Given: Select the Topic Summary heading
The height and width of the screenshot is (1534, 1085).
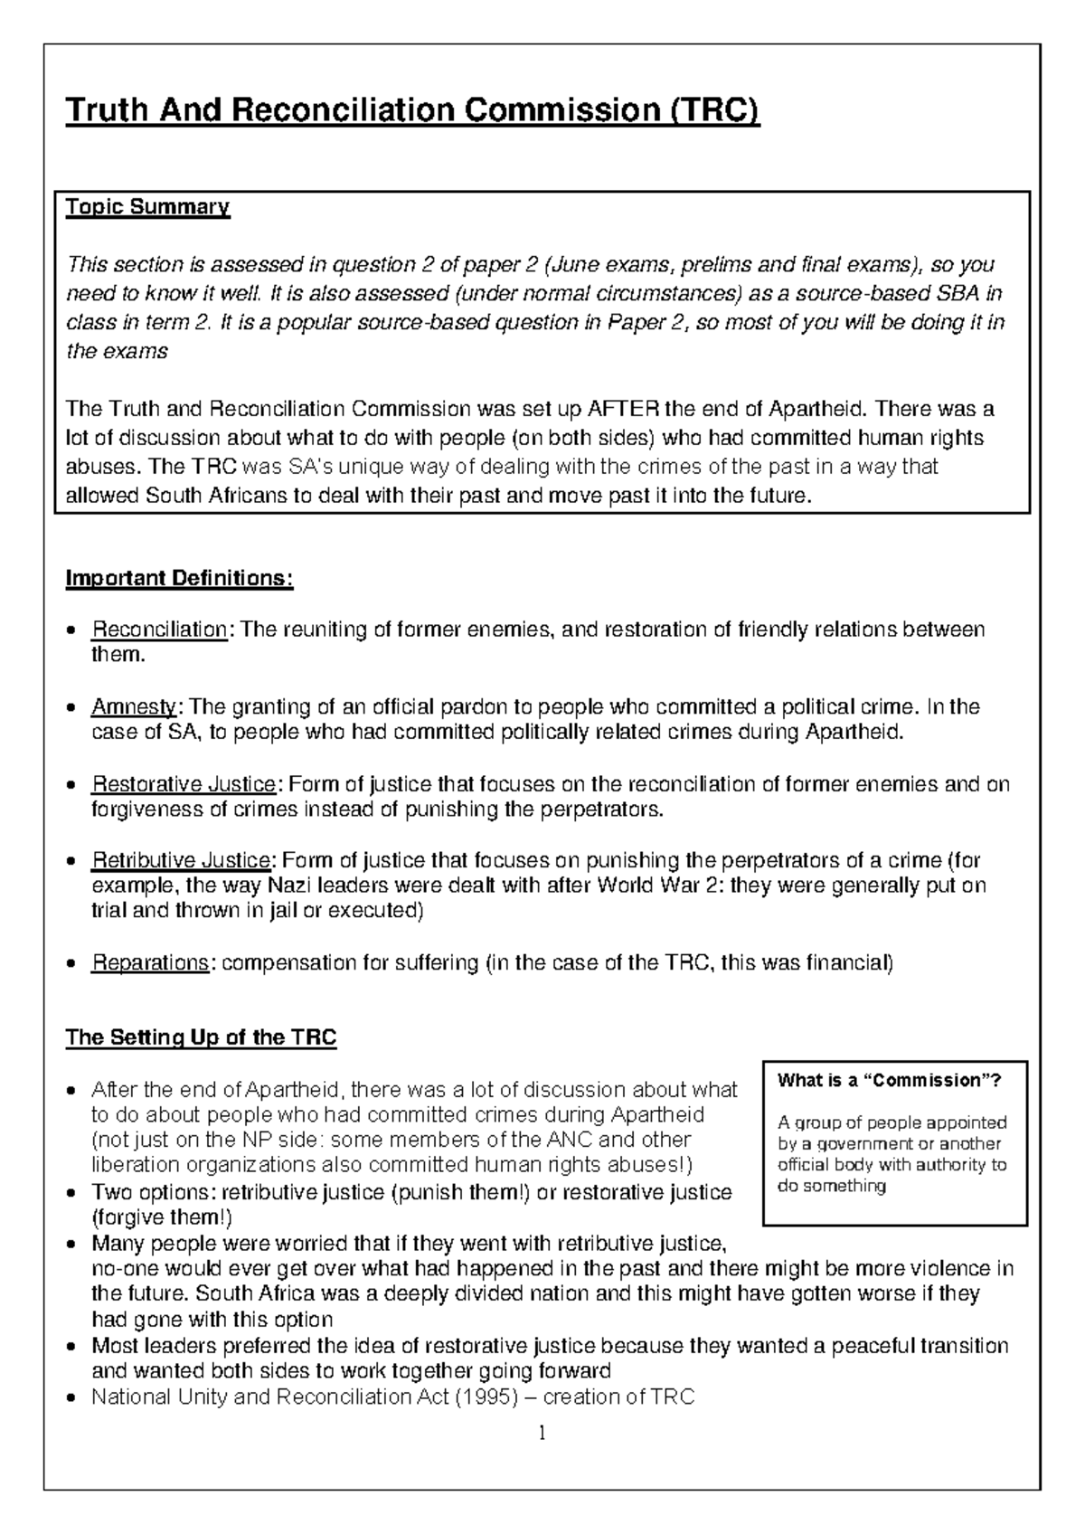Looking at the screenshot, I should click(x=147, y=207).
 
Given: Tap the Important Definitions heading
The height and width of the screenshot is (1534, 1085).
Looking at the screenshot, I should click(x=179, y=578).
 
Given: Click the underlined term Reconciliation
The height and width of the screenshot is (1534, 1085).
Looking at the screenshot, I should click(x=159, y=630).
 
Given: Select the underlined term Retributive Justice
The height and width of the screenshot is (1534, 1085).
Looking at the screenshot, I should click(x=181, y=860).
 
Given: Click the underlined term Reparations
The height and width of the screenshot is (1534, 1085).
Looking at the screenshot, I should click(x=150, y=963).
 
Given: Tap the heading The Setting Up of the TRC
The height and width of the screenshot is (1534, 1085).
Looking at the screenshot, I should click(x=201, y=1037).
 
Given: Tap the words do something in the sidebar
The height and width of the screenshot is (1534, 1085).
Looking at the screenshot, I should click(x=832, y=1186).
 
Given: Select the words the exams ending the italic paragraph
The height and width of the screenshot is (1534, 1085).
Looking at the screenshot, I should click(x=117, y=351).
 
